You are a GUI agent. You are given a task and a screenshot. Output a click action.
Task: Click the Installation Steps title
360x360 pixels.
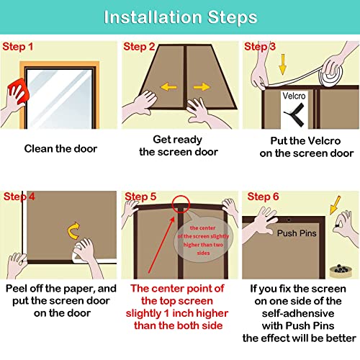[x=181, y=17]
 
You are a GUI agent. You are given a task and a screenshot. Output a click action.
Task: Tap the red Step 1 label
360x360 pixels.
[x=17, y=47]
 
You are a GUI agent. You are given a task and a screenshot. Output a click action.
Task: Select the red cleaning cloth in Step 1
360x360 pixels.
[x=19, y=91]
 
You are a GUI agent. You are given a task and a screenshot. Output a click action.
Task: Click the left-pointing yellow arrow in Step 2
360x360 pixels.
[x=168, y=86]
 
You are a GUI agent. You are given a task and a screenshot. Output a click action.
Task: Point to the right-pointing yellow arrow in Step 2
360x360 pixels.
[x=202, y=86]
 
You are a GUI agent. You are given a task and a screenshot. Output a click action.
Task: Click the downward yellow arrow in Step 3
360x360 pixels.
[x=283, y=64]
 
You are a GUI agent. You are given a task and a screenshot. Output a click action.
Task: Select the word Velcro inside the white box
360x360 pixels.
[x=294, y=96]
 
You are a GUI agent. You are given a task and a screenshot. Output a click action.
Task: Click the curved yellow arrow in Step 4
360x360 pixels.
[x=73, y=230]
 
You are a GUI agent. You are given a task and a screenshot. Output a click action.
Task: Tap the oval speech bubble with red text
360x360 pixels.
[x=203, y=240]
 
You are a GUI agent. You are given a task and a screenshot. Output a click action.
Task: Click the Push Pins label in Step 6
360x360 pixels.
[x=297, y=233]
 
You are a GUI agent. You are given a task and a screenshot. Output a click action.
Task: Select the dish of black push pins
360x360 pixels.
[x=341, y=271]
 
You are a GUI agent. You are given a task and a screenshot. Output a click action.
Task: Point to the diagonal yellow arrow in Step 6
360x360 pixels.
[x=335, y=205]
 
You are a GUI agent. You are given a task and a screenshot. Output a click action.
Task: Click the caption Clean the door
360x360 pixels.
[x=60, y=149]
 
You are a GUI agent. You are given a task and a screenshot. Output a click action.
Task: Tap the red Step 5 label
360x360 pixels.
[x=140, y=197]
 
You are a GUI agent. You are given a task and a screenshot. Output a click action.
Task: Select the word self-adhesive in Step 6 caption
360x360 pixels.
[x=298, y=313]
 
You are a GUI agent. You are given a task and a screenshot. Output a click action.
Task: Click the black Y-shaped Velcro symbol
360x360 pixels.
[x=295, y=114]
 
